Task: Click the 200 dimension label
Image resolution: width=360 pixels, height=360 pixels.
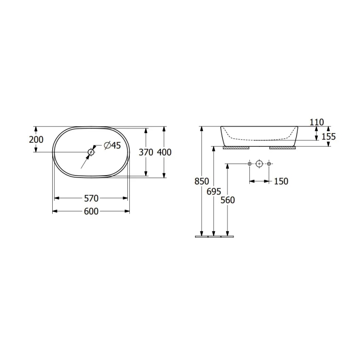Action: (36, 140)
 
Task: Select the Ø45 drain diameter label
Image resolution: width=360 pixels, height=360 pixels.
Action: (111, 145)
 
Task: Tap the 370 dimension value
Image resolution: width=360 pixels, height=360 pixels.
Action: (146, 152)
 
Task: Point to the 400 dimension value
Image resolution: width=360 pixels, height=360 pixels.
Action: (164, 152)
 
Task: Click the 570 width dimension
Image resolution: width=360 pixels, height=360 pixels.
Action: (91, 199)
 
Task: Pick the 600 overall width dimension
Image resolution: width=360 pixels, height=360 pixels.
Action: (91, 212)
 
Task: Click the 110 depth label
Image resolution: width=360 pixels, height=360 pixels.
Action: (316, 122)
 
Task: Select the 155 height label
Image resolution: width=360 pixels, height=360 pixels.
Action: (328, 136)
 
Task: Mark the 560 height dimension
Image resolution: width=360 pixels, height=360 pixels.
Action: (227, 200)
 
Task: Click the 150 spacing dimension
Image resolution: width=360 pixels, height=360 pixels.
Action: (281, 181)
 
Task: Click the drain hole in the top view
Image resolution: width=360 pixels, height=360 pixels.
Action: (91, 152)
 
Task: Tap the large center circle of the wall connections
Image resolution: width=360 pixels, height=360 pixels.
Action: (259, 164)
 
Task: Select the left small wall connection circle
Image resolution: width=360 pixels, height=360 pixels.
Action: (249, 164)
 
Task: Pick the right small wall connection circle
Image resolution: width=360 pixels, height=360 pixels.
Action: (269, 164)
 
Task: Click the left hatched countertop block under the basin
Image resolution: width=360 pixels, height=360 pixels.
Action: (236, 147)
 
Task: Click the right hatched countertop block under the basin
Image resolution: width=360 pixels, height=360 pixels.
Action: (282, 147)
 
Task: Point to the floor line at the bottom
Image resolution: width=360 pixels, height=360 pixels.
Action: (214, 237)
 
